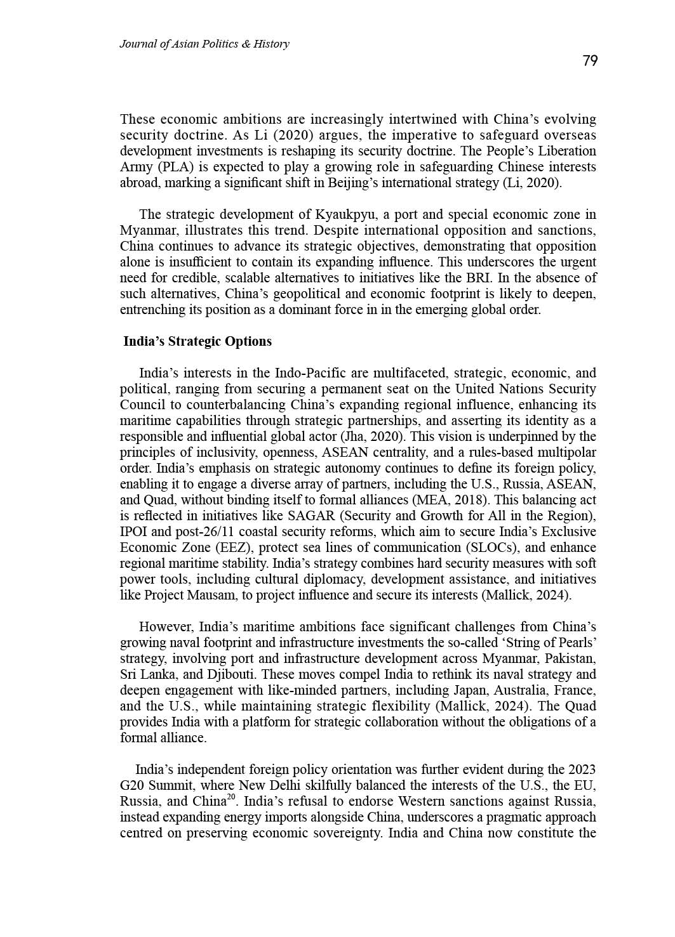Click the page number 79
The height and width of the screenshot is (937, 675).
[x=589, y=61]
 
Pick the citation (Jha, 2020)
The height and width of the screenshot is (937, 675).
[x=371, y=436]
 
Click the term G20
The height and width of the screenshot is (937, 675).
[x=132, y=785]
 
